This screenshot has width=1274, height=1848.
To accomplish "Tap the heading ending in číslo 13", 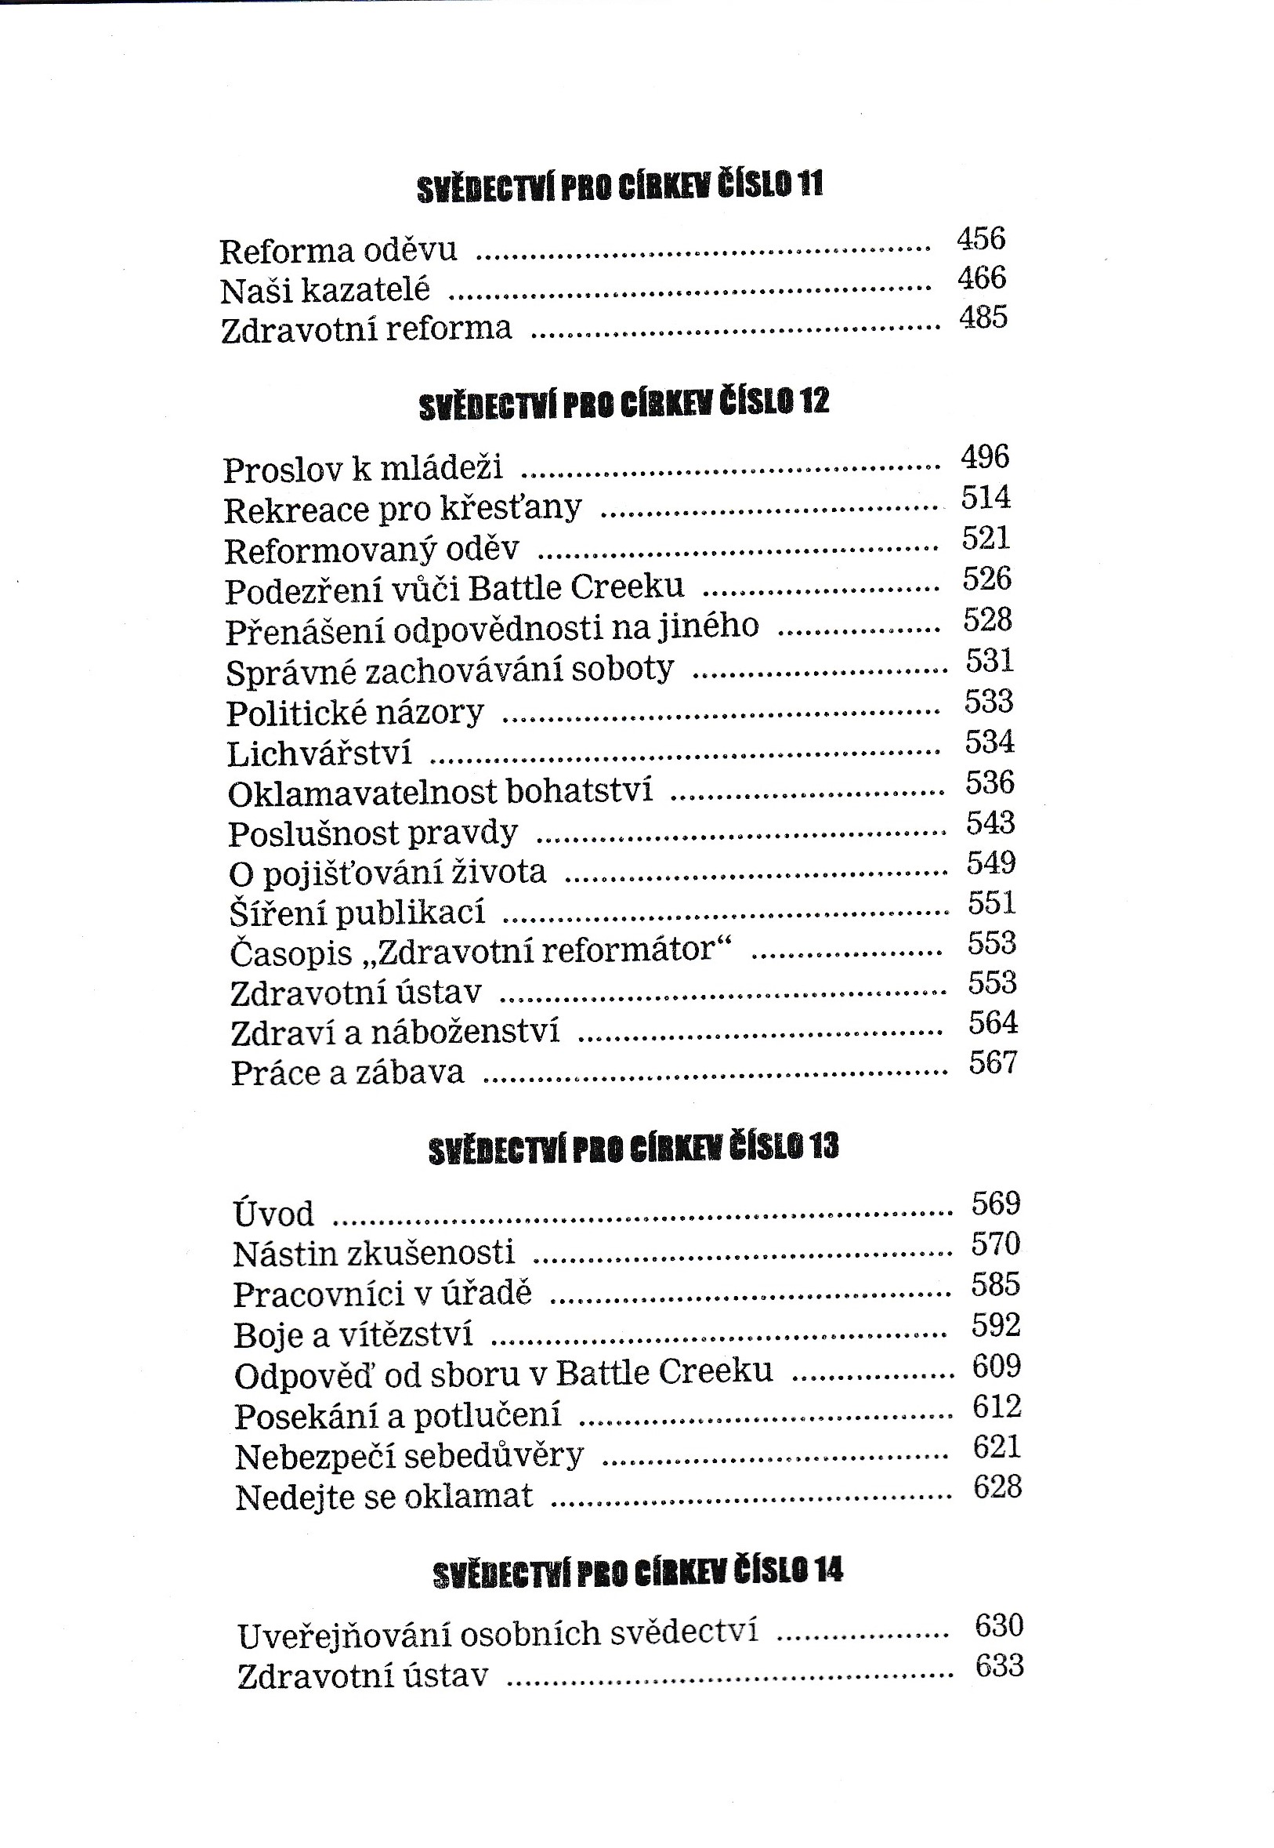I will point(633,1149).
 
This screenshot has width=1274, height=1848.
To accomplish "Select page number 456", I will point(981,238).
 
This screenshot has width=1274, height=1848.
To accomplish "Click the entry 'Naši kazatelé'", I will point(325,291).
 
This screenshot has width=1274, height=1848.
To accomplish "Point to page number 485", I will point(983,317).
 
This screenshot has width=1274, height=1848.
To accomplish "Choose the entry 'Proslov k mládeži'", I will point(364,469).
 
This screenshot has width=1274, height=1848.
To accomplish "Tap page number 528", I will point(987,619).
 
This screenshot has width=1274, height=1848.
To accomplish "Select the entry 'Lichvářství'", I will point(320,753).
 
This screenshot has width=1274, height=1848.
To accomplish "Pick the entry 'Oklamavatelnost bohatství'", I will point(440,792).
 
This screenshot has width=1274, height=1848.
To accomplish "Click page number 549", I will point(990,863).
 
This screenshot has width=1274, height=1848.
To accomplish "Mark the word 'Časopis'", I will point(291,953).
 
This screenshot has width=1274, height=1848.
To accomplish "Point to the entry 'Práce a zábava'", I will point(347,1073).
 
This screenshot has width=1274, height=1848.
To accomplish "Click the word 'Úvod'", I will point(273,1214).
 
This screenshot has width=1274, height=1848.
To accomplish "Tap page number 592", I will point(995,1327).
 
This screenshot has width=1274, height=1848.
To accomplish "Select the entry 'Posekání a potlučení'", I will point(397,1417).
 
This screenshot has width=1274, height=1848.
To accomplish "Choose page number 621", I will point(997,1447).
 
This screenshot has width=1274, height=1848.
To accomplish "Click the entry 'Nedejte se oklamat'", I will point(384,1497).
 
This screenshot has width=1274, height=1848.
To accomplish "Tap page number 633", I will point(1000,1667).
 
